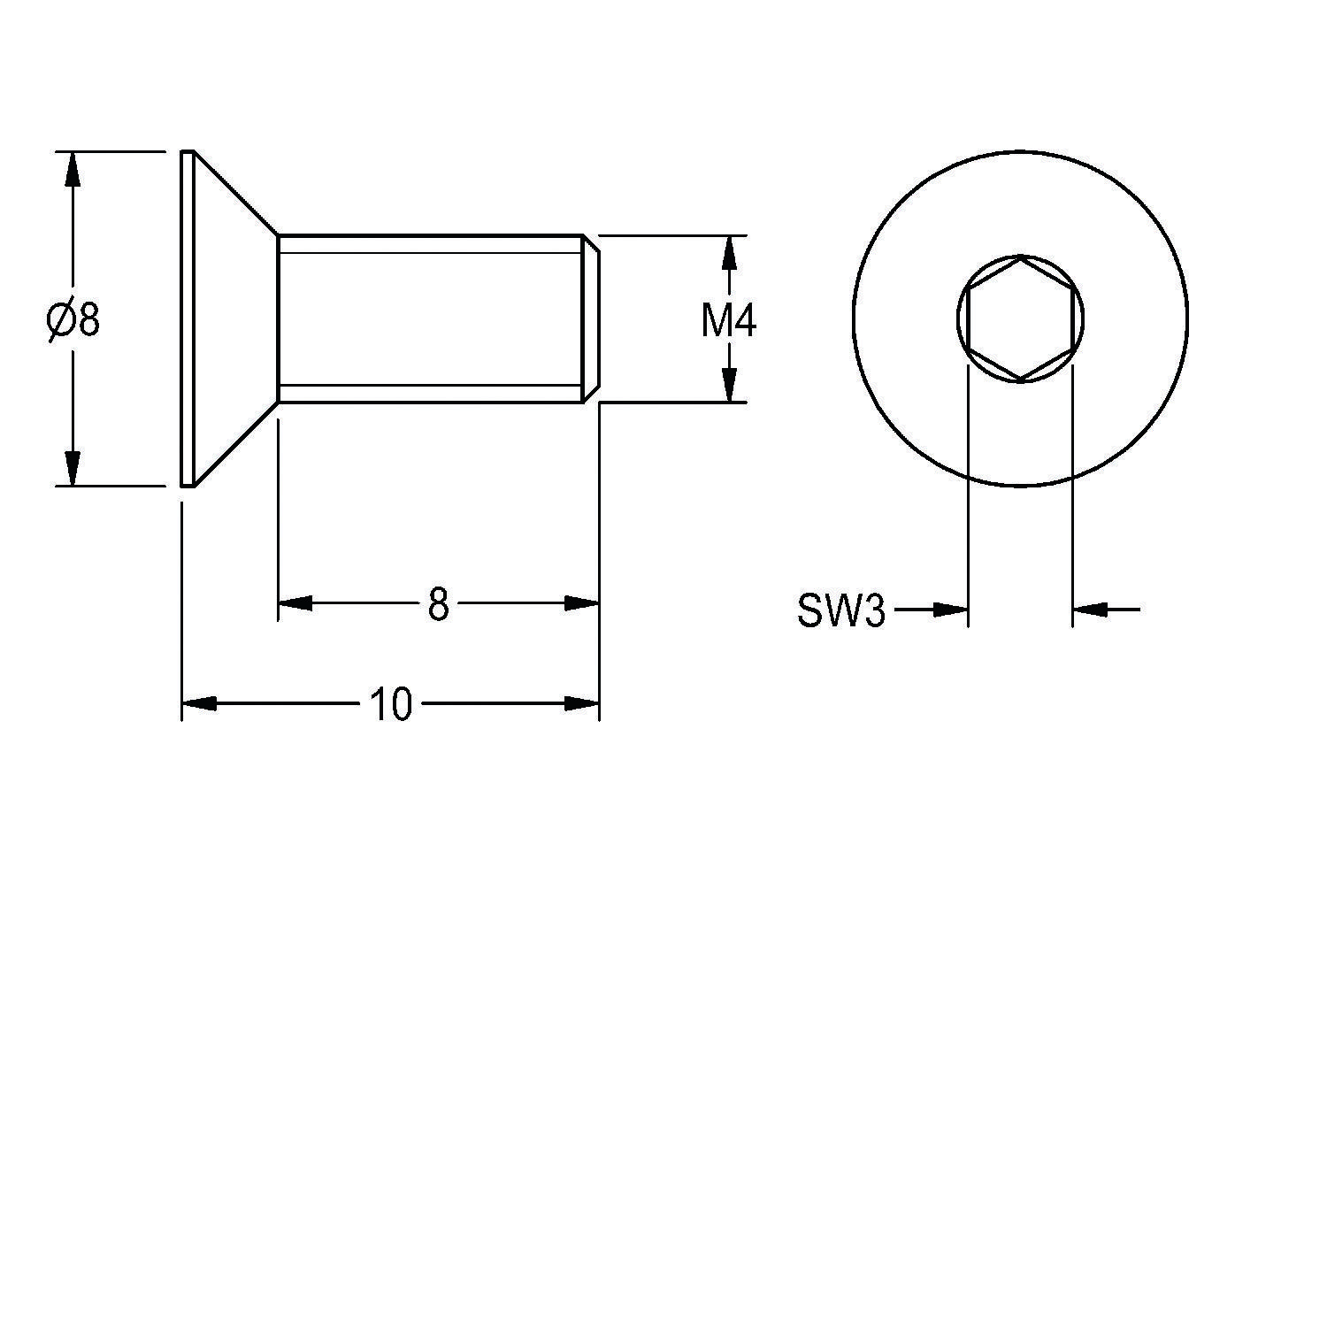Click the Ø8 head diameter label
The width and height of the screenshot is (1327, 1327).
pyautogui.click(x=73, y=319)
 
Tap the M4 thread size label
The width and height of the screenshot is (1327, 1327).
pyautogui.click(x=729, y=321)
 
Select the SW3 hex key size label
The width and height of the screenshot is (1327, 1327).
pyautogui.click(x=840, y=610)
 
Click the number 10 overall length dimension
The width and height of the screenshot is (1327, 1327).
pyautogui.click(x=391, y=705)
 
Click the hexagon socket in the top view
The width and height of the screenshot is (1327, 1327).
pyautogui.click(x=1021, y=318)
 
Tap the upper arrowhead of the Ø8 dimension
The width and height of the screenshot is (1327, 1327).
pyautogui.click(x=73, y=169)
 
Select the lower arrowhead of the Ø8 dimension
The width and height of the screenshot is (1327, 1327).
pyautogui.click(x=73, y=468)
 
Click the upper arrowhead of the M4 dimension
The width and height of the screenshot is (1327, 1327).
pyautogui.click(x=729, y=253)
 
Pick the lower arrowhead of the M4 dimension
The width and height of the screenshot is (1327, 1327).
pyautogui.click(x=729, y=385)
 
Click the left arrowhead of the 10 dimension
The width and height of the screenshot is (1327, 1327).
pyautogui.click(x=199, y=704)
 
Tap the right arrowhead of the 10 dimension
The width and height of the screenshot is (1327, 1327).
pyautogui.click(x=582, y=704)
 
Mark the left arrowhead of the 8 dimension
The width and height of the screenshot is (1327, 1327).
pyautogui.click(x=295, y=603)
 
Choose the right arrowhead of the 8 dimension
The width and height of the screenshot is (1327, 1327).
pyautogui.click(x=582, y=603)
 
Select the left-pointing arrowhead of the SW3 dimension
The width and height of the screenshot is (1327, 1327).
pyautogui.click(x=1090, y=610)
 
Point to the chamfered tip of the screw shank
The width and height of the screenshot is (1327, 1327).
pyautogui.click(x=592, y=318)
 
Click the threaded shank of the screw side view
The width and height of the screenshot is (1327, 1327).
pyautogui.click(x=431, y=318)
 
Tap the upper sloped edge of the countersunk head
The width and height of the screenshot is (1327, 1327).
pyautogui.click(x=236, y=193)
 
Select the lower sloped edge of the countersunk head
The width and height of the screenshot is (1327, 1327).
pyautogui.click(x=236, y=444)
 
